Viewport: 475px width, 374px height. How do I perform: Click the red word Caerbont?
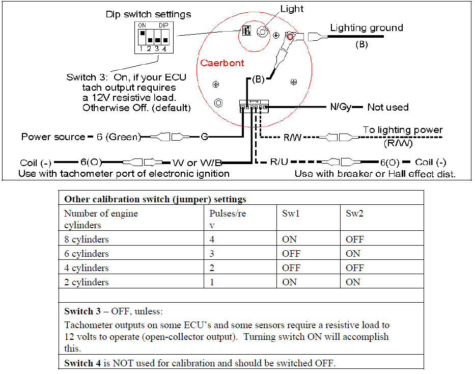tap(222, 63)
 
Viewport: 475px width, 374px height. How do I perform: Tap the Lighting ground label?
tap(366, 28)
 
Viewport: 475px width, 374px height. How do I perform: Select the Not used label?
tap(388, 107)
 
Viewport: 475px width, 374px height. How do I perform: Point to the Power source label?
tap(53, 137)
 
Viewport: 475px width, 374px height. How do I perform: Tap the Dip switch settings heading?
tap(148, 14)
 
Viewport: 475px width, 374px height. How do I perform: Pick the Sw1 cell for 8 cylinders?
tap(289, 239)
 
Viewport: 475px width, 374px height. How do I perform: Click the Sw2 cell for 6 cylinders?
tap(353, 253)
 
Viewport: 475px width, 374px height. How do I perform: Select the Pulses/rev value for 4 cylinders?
tap(212, 268)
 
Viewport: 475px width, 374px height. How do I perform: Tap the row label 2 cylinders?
tap(87, 282)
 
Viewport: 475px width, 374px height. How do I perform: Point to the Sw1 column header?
tap(291, 213)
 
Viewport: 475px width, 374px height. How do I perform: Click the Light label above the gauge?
tap(292, 9)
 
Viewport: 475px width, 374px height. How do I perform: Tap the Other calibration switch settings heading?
tap(155, 199)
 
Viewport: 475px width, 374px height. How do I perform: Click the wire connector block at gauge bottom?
tap(254, 107)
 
